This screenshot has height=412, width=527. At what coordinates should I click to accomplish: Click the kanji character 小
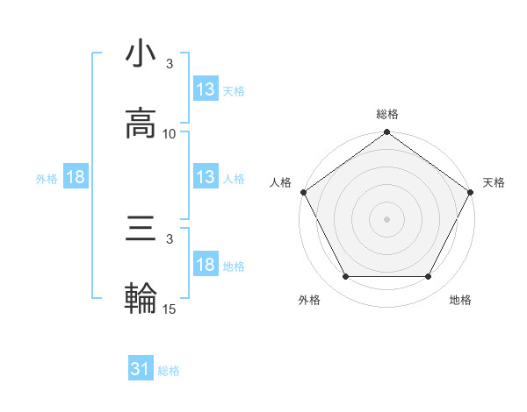[141, 55]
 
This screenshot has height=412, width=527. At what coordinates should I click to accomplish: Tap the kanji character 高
[141, 123]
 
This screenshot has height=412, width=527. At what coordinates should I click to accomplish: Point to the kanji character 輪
[141, 298]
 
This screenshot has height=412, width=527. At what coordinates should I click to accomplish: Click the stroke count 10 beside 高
[170, 133]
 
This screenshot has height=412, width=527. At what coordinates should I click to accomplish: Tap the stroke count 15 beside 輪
[170, 309]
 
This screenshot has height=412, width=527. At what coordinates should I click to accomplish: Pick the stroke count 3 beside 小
[170, 65]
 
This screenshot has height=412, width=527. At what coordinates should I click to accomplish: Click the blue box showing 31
[141, 370]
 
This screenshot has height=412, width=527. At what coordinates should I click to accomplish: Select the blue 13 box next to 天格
[205, 89]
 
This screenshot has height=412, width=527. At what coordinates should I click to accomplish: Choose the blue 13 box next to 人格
[205, 177]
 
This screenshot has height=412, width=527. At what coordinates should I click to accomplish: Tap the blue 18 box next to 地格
[205, 265]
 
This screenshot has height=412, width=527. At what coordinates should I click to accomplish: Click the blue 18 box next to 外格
[76, 177]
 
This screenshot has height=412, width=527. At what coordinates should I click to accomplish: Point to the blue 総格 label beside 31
[170, 371]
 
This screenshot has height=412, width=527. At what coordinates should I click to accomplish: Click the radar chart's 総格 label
[387, 114]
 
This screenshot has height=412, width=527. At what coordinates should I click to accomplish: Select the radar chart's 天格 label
[494, 182]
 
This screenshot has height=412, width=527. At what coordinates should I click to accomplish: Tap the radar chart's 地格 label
[460, 300]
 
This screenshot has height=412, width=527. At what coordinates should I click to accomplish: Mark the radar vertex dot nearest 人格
[303, 192]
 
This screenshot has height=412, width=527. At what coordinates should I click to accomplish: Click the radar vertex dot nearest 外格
[345, 277]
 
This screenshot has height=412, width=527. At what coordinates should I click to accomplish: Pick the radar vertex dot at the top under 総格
[386, 132]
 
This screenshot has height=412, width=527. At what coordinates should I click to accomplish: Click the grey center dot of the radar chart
[386, 219]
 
